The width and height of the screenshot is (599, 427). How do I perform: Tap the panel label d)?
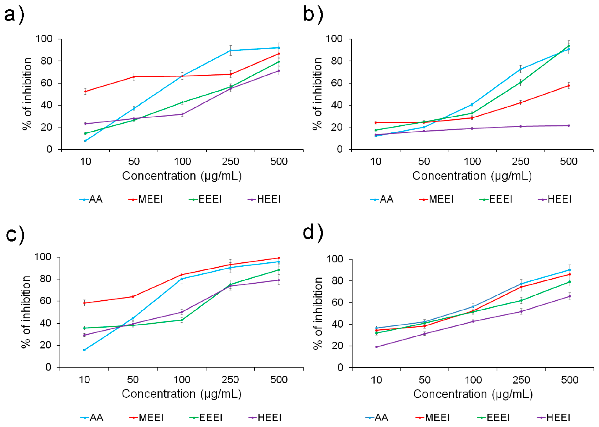click(x=313, y=233)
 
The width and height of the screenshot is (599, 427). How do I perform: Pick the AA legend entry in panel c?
click(x=92, y=417)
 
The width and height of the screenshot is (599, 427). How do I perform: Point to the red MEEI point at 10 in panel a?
click(x=85, y=91)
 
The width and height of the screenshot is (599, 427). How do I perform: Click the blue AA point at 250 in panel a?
click(x=230, y=50)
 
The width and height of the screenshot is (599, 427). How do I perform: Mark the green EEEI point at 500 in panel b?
click(x=569, y=46)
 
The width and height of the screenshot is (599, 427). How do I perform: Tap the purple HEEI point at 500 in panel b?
click(x=569, y=126)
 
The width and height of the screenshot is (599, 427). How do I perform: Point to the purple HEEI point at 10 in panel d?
click(x=376, y=347)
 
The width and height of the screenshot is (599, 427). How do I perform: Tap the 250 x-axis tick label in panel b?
click(x=521, y=161)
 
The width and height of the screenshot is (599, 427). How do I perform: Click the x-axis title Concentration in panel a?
click(x=159, y=176)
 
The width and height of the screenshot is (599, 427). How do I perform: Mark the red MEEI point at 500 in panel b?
click(x=569, y=86)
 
